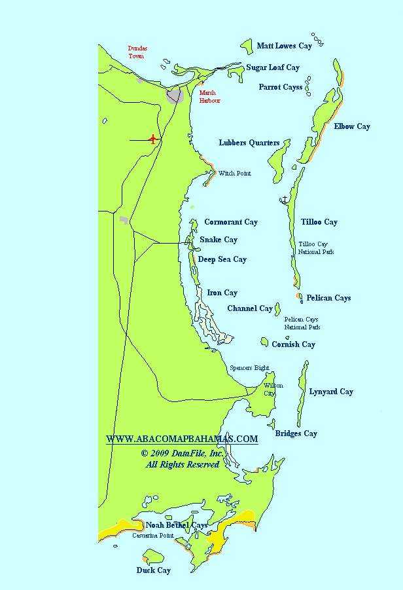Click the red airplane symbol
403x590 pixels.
pyautogui.click(x=153, y=139)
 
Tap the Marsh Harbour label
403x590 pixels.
pyautogui.click(x=209, y=97)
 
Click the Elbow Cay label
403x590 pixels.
pyautogui.click(x=352, y=126)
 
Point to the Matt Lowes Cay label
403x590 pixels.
pyautogui.click(x=285, y=46)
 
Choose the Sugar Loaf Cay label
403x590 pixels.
pyautogui.click(x=273, y=67)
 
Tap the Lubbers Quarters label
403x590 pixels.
pyautogui.click(x=249, y=143)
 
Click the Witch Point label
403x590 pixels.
pyautogui.click(x=234, y=174)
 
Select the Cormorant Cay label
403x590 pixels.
pyautogui.click(x=231, y=222)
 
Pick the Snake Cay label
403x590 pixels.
pyautogui.click(x=219, y=240)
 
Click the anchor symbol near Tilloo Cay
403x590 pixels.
pyautogui.click(x=285, y=199)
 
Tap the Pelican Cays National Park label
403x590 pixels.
pyautogui.click(x=302, y=323)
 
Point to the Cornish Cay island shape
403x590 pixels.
pyautogui.click(x=264, y=342)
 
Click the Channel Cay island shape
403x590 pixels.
pyautogui.click(x=277, y=308)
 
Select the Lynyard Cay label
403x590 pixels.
pyautogui.click(x=331, y=392)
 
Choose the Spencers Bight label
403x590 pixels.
pyautogui.click(x=249, y=368)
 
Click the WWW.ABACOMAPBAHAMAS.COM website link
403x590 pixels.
pyautogui.click(x=182, y=439)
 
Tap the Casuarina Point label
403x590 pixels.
pyautogui.click(x=153, y=536)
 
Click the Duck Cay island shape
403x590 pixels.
pyautogui.click(x=154, y=557)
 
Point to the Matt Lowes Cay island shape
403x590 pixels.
pyautogui.click(x=247, y=46)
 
